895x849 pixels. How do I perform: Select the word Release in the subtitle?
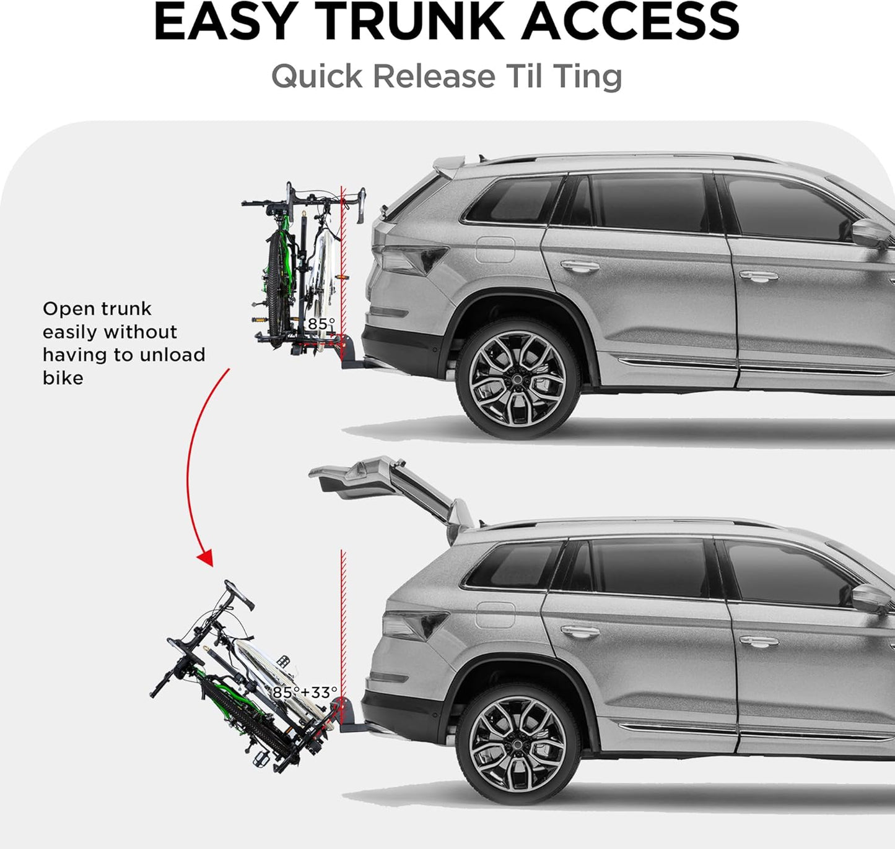tap(434, 77)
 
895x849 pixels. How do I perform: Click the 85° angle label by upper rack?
tap(321, 324)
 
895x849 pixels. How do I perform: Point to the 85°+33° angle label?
tap(305, 692)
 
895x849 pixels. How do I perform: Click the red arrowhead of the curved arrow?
tap(206, 558)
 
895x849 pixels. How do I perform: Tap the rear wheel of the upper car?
tap(517, 378)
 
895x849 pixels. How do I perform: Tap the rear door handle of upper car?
tap(580, 266)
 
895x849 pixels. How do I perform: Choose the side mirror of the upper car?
tap(870, 233)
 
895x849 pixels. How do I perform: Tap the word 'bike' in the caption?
tap(63, 378)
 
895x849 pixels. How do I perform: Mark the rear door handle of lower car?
tap(580, 631)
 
